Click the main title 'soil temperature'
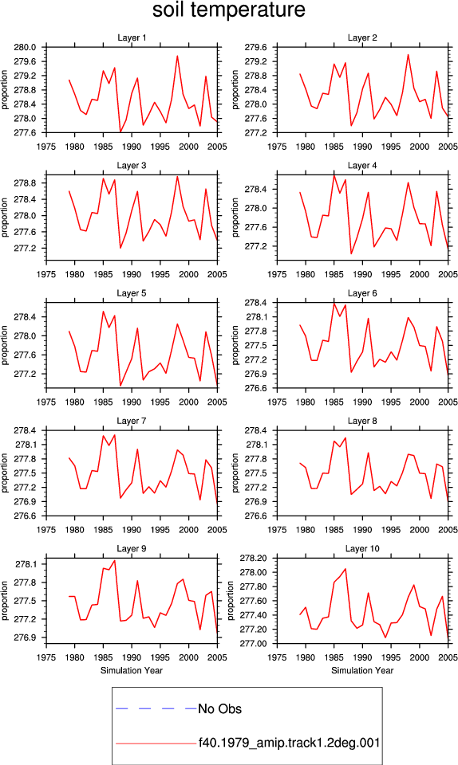point(228,10)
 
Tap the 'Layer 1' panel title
point(132,37)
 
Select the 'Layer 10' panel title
point(362,548)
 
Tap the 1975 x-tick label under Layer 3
point(46,274)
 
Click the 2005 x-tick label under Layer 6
point(448,402)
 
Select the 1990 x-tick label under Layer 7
point(132,530)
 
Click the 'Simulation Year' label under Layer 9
point(132,670)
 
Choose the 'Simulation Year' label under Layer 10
point(362,670)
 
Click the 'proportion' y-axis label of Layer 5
point(5,345)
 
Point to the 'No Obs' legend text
point(219,709)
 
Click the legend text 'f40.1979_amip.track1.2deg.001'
point(289,743)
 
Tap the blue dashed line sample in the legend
point(156,708)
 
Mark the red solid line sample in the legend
point(156,743)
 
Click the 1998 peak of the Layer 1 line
point(177,56)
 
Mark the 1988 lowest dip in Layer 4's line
point(351,253)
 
